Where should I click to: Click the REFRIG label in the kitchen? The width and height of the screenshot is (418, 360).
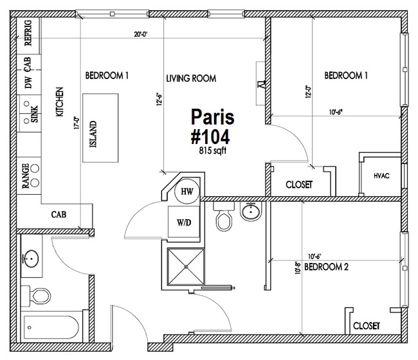tap(28, 33)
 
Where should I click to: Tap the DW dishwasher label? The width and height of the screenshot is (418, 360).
tap(28, 82)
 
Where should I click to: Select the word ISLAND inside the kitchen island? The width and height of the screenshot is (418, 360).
tap(93, 134)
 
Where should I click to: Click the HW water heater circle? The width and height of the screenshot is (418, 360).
tap(187, 191)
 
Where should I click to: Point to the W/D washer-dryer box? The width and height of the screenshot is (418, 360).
tap(184, 222)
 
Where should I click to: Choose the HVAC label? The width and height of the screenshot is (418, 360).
tap(381, 176)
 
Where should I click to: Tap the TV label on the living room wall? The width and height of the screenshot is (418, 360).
tap(262, 84)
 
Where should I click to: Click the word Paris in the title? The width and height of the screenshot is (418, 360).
tap(212, 117)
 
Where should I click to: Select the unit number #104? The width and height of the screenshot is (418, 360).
tap(210, 137)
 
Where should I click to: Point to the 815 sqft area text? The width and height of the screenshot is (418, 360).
tap(213, 151)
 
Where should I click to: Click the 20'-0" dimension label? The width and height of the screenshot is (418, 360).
tap(141, 34)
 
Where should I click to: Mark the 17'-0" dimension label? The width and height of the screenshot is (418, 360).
tap(77, 123)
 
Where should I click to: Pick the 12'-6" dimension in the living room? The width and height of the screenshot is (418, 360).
tap(159, 99)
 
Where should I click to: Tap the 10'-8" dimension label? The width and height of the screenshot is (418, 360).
tap(298, 267)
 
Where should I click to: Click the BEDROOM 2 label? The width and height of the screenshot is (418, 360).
tap(326, 267)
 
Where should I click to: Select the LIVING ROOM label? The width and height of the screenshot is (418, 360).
tap(191, 78)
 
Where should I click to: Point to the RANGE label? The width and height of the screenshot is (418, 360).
tap(26, 176)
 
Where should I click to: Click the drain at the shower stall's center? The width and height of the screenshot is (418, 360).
tap(186, 267)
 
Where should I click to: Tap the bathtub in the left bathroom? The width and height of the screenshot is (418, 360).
tap(51, 327)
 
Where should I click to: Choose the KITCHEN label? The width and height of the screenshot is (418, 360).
tap(59, 102)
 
